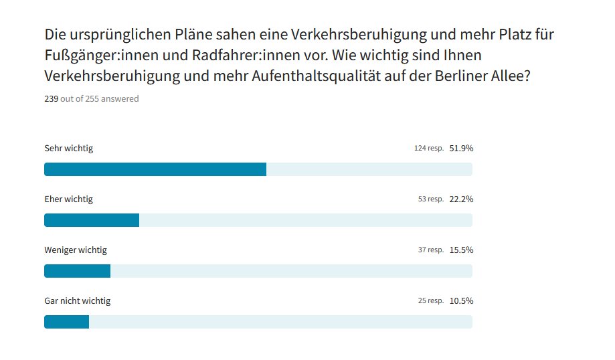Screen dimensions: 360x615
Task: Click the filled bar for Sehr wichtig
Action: point(155,169)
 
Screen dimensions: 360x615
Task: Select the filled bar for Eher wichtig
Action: point(92,220)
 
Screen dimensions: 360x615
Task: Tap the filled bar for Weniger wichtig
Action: point(77,271)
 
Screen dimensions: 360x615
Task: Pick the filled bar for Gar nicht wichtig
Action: point(66,322)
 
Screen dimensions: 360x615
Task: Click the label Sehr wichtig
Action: point(68,149)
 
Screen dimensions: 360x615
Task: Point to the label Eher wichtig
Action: point(68,199)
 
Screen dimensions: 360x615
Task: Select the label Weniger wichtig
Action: point(76,250)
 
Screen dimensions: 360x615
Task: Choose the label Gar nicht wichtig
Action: point(78,301)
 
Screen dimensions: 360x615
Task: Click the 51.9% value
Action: point(461,149)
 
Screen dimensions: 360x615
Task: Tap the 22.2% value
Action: point(461,199)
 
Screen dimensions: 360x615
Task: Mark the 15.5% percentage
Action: point(461,250)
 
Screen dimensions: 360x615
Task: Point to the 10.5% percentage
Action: point(461,301)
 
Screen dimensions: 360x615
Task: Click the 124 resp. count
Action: point(429,149)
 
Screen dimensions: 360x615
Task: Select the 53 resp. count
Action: point(431,199)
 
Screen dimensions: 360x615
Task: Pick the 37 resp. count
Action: point(431,250)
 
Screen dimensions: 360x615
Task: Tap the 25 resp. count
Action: point(431,301)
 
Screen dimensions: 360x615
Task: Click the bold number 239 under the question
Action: point(51,99)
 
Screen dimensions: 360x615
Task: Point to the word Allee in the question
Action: point(511,76)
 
